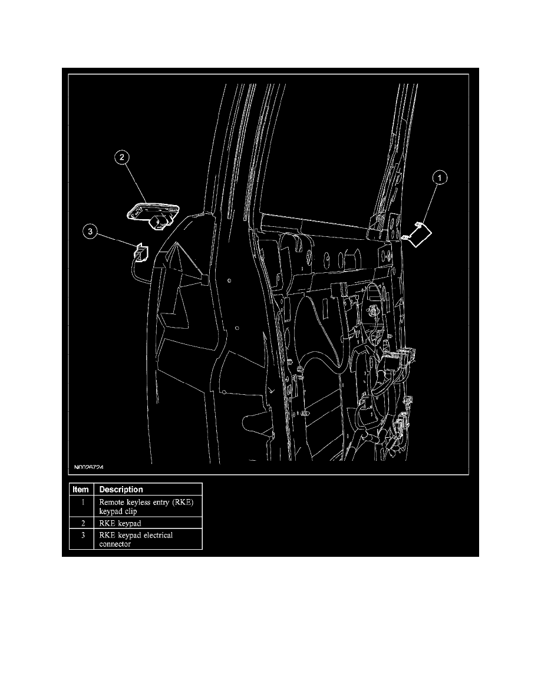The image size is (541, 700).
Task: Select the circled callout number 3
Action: tap(90, 232)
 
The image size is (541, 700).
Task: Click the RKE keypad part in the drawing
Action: tap(150, 213)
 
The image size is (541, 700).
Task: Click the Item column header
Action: tap(81, 490)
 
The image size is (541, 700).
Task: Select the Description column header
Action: tap(121, 490)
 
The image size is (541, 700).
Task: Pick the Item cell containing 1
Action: tap(84, 502)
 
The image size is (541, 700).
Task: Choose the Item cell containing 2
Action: tap(84, 522)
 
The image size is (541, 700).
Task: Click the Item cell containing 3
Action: tap(84, 535)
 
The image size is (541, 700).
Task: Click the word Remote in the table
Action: tap(113, 502)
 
